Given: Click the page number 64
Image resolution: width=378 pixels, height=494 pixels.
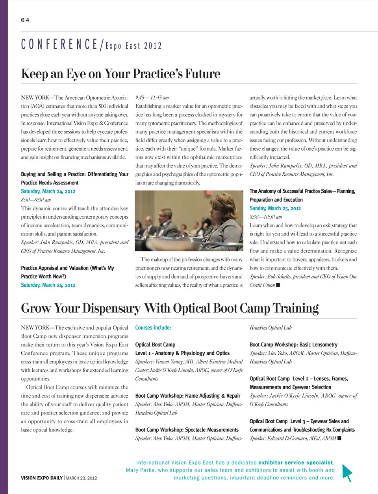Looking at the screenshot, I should click(x=25, y=20).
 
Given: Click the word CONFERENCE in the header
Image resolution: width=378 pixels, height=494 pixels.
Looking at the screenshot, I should click(x=59, y=44).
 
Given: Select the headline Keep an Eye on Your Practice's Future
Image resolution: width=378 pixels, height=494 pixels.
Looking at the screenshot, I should click(x=120, y=74).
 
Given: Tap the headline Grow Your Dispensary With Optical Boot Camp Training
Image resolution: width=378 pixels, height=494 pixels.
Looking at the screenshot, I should click(x=170, y=308).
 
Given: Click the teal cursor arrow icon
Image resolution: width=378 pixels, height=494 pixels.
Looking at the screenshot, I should click(x=346, y=472).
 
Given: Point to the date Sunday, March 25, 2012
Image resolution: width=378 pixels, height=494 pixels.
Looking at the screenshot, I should click(x=275, y=208).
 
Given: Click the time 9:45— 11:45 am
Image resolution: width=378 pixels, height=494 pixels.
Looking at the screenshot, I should click(x=152, y=98).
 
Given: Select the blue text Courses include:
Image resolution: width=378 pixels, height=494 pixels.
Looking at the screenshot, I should click(x=153, y=328).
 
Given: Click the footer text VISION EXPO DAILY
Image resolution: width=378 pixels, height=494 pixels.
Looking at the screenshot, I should click(x=42, y=478).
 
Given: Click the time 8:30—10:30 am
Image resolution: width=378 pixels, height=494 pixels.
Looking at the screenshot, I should click(x=266, y=217).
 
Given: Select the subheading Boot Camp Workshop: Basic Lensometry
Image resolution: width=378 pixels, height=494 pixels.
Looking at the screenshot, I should click(x=293, y=345).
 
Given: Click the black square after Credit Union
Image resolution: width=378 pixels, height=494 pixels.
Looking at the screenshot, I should click(x=278, y=285).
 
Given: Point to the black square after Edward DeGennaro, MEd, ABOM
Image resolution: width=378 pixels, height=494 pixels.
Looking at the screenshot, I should click(x=339, y=438).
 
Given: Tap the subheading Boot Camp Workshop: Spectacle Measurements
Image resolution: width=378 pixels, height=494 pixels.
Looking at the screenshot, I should click(x=187, y=430).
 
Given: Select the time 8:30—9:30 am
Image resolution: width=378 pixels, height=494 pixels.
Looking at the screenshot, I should click(x=36, y=200).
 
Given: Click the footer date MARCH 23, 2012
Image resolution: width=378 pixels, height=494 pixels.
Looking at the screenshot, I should click(x=82, y=478).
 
